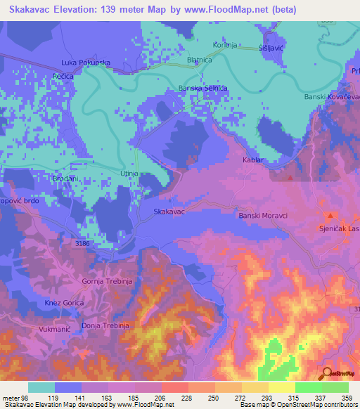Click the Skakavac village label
169,211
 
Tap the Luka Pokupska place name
86,63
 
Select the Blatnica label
200,60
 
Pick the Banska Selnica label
203,89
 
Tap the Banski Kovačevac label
331,97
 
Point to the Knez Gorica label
65,302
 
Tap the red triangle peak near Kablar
290,177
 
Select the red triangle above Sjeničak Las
329,215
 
